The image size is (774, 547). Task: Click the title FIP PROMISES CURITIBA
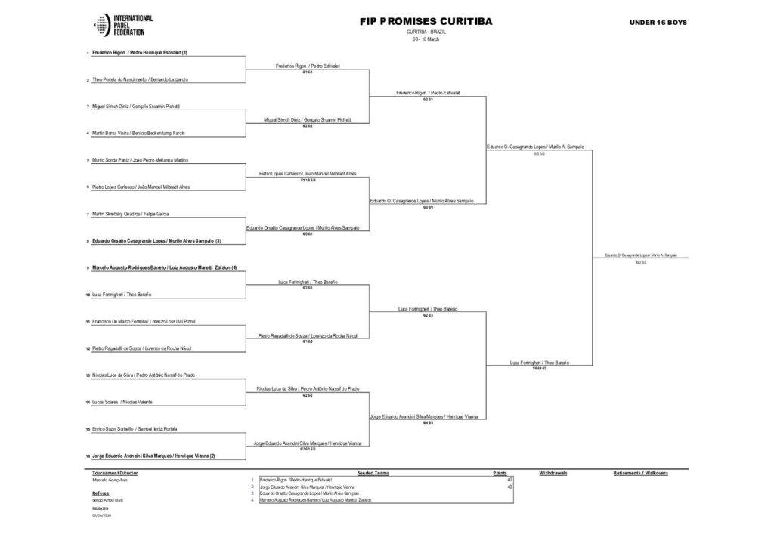(x=426, y=22)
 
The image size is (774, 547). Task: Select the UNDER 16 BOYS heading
(x=658, y=23)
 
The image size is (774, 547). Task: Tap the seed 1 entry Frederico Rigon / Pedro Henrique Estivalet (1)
(x=140, y=53)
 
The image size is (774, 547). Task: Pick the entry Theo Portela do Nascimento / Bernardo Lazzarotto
(x=140, y=79)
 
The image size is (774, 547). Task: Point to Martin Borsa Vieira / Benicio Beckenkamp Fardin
(x=138, y=133)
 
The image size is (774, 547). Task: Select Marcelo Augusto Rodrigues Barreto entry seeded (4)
(x=165, y=267)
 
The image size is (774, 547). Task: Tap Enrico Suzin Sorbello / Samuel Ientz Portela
(x=135, y=429)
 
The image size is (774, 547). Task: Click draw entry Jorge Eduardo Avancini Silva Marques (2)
(x=154, y=456)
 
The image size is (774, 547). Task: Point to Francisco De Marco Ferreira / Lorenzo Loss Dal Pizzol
(x=144, y=321)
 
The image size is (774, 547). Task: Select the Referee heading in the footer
(x=101, y=493)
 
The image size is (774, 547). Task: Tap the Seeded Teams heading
(x=373, y=473)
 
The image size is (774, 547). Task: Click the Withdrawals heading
(x=553, y=473)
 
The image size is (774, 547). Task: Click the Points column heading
(x=500, y=473)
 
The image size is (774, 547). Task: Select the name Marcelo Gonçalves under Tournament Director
(x=109, y=480)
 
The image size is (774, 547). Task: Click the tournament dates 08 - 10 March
(x=426, y=39)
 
